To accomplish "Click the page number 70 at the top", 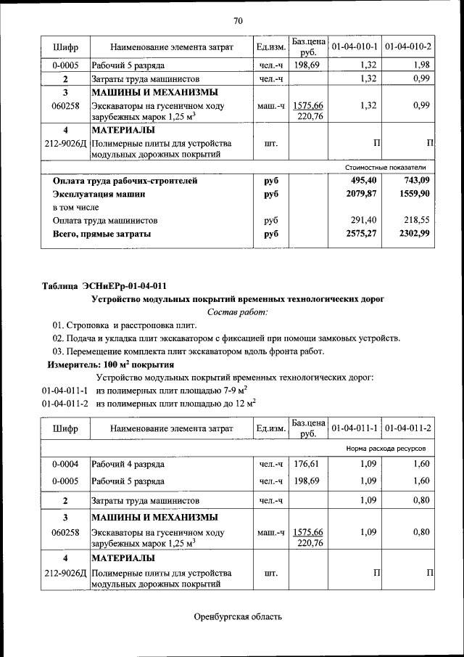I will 238,20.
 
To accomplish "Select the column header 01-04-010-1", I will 355,47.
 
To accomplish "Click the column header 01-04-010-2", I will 408,47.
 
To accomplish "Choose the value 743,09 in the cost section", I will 415,181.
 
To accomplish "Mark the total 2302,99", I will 414,234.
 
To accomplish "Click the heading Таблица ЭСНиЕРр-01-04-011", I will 109,285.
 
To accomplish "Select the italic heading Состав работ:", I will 237,312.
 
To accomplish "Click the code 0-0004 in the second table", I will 65,464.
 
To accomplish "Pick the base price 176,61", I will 309,464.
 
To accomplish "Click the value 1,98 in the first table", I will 422,65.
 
